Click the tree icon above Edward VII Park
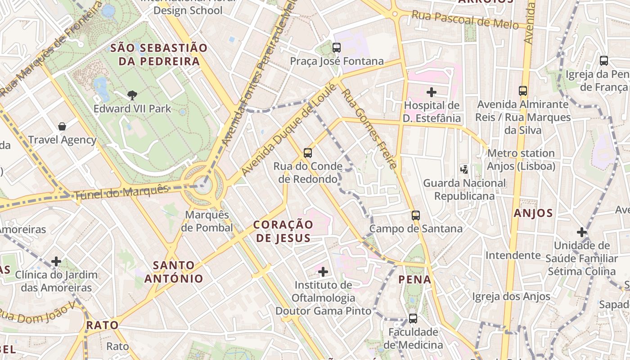tap(132, 95)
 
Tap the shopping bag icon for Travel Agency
tap(62, 126)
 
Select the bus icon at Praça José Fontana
tap(337, 47)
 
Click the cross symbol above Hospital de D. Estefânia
tap(432, 92)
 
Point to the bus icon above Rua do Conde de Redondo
tap(308, 153)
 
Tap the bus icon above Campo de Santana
tap(416, 215)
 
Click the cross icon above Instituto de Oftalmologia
tap(323, 271)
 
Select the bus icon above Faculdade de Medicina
tap(413, 319)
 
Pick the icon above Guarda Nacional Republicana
tap(464, 170)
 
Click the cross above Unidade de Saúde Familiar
tap(581, 232)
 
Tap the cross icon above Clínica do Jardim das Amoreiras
tap(56, 261)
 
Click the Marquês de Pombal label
tap(207, 221)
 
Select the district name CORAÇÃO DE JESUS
tap(283, 231)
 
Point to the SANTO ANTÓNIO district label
tap(174, 272)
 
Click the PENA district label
tap(415, 280)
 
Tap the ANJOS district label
tap(533, 213)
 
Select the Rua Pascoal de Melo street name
tap(465, 20)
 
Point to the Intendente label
tap(513, 255)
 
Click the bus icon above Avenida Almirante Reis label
tap(523, 91)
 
